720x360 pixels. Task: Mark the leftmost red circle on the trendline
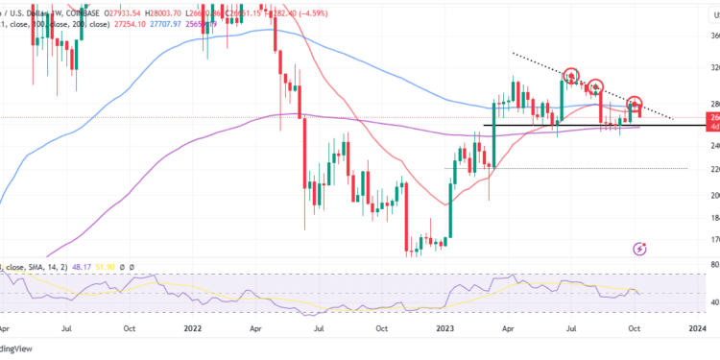pyautogui.click(x=572, y=76)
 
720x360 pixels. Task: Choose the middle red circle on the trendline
pyautogui.click(x=595, y=86)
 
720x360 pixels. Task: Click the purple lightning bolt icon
pyautogui.click(x=640, y=249)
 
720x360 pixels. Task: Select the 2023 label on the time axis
pyautogui.click(x=450, y=327)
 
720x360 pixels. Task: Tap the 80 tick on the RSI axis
pyautogui.click(x=709, y=263)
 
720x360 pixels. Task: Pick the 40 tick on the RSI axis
pyautogui.click(x=709, y=302)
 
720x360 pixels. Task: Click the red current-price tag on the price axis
pyautogui.click(x=712, y=117)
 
